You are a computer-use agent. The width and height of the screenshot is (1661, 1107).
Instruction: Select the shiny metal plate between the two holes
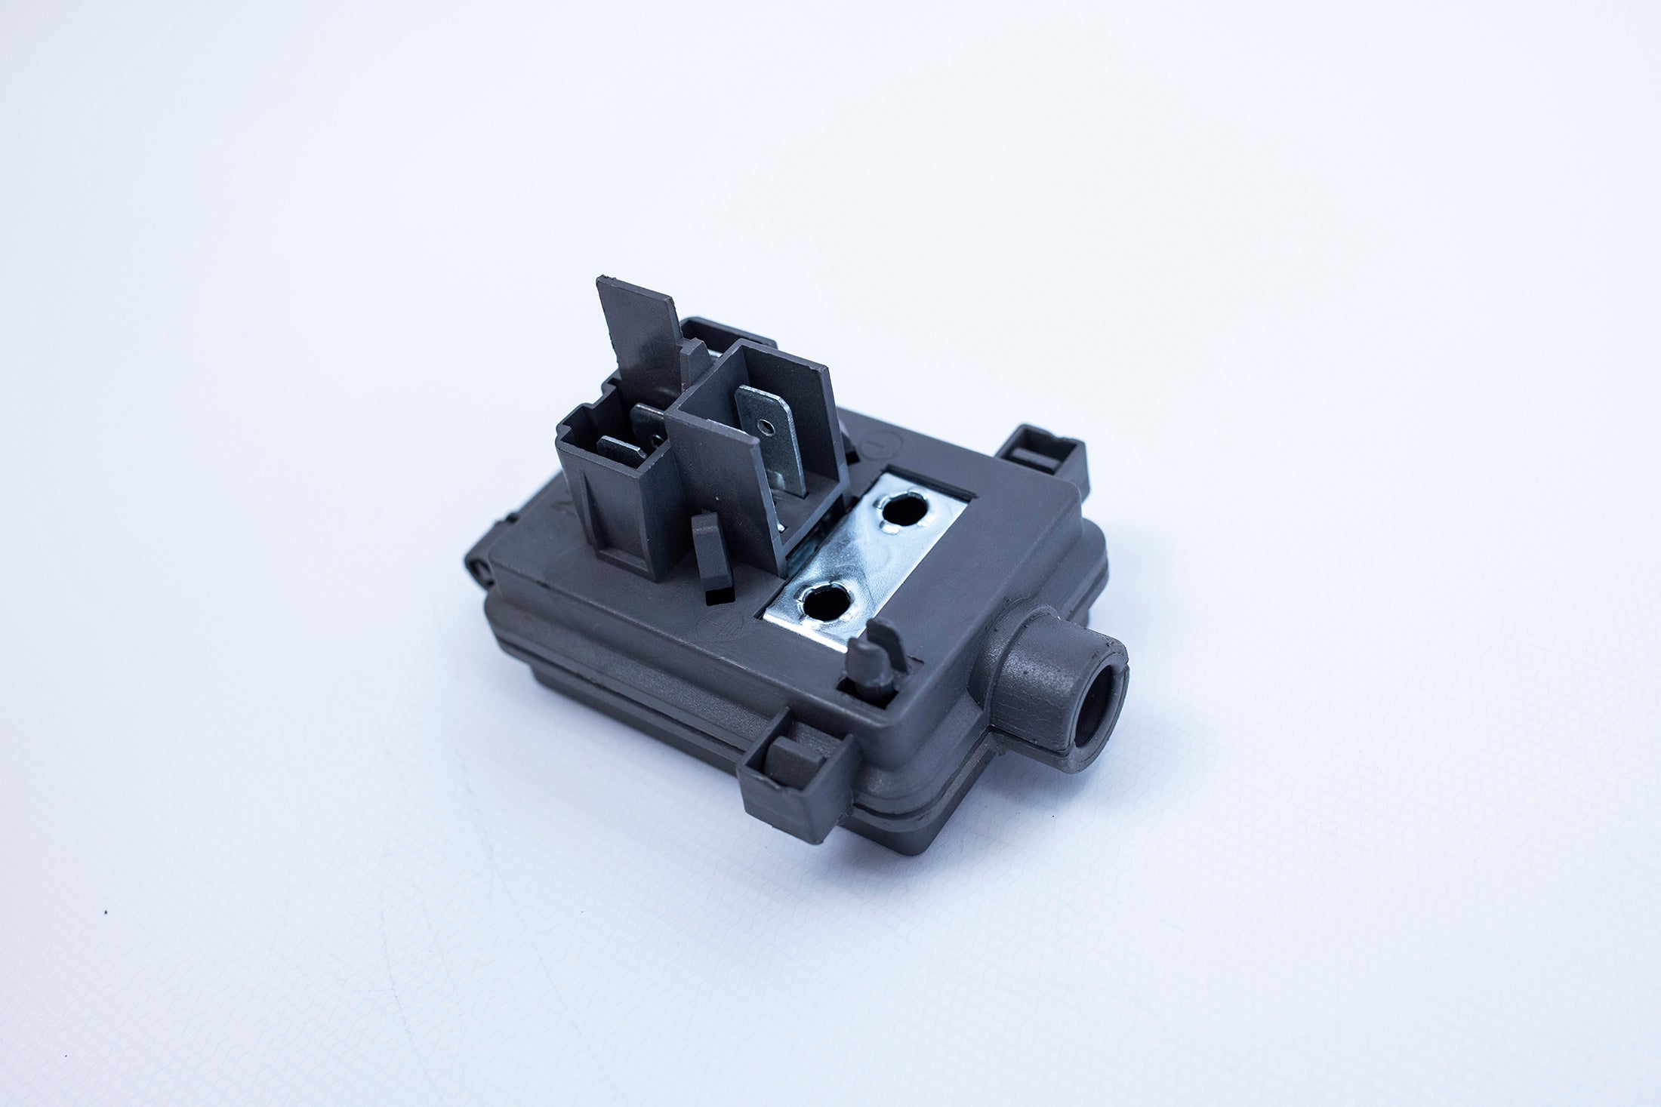pos(861,555)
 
